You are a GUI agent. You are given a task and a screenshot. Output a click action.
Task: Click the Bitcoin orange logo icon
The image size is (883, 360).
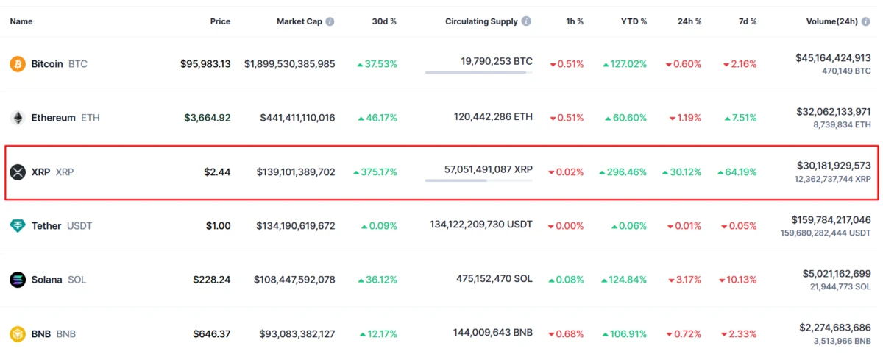[18, 64]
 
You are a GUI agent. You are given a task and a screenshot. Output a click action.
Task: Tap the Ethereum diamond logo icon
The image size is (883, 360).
[18, 118]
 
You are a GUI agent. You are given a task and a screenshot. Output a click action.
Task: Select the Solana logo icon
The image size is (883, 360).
[18, 280]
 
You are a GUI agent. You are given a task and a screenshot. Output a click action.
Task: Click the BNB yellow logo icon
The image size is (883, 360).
[18, 334]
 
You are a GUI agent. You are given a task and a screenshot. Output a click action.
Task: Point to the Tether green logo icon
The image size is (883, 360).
[18, 226]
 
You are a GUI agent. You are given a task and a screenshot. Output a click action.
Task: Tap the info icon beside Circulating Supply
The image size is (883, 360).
[526, 21]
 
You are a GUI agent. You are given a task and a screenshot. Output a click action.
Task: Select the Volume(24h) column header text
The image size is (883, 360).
[831, 21]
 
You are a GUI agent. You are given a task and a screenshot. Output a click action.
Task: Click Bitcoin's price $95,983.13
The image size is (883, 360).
[205, 64]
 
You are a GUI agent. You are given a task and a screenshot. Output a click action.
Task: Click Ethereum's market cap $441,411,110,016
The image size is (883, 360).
[297, 118]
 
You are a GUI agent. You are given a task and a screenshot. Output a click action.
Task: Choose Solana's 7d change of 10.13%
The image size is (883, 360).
[740, 280]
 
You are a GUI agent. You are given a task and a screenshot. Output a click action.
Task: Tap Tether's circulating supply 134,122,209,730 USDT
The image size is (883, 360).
[481, 225]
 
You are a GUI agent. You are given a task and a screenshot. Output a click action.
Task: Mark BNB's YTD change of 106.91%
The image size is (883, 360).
[625, 334]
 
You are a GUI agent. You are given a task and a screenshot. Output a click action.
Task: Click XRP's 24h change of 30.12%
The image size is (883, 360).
[682, 172]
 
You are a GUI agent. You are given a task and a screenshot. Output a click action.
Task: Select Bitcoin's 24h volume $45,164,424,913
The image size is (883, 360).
[833, 57]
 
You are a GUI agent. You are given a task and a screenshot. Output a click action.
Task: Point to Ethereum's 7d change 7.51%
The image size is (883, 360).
[740, 118]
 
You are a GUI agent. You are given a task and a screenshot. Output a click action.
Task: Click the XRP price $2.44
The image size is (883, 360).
[217, 172]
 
